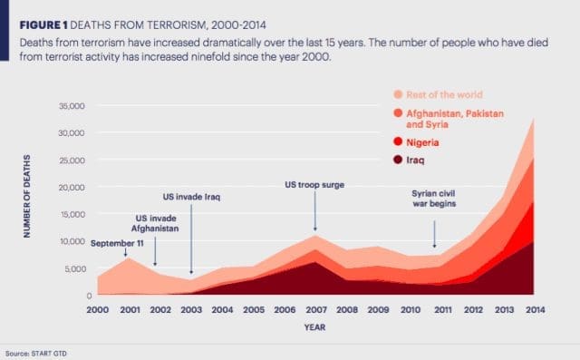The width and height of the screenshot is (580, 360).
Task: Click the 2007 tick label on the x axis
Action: point(316,310)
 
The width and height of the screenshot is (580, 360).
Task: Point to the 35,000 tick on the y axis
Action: point(72,106)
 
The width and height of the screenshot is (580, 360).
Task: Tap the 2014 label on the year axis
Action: point(536,310)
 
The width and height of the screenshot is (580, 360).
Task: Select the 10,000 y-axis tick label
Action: point(72,241)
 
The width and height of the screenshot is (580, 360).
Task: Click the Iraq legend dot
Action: point(398,160)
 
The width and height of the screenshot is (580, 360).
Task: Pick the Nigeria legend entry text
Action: point(422,142)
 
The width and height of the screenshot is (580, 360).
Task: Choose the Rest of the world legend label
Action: point(444,94)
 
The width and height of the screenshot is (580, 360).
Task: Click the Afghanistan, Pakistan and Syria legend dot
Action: point(398,113)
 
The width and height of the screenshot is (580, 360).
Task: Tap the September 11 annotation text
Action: point(117,243)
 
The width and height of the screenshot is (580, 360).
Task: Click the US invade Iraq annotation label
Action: point(191,197)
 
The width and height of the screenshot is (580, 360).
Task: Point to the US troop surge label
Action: point(314,185)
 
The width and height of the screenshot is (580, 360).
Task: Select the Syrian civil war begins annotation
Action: point(434,199)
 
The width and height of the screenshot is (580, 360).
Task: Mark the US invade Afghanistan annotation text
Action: point(155,223)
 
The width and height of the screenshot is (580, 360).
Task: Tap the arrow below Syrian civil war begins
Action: point(435,234)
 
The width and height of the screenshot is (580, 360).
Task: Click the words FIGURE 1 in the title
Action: point(43,25)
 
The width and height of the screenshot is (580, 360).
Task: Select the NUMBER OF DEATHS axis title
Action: point(26,196)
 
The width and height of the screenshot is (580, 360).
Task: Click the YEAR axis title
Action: point(314,327)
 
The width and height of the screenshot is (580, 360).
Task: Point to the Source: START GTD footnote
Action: point(36,354)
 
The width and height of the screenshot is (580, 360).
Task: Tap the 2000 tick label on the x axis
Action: point(98,310)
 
